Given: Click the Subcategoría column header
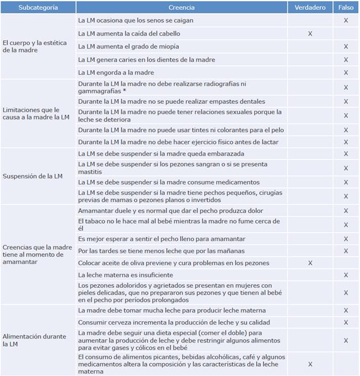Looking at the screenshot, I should [x=38, y=7].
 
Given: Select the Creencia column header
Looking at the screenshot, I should [x=182, y=7].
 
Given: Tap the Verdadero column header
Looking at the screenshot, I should [x=310, y=7].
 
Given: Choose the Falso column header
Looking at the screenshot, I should [x=346, y=7].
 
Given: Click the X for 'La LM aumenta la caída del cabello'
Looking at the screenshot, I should [x=310, y=33].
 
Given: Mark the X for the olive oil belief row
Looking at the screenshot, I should [x=310, y=263].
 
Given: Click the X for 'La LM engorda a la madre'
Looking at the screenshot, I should [x=346, y=73].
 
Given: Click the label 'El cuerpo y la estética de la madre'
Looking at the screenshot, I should [x=35, y=46].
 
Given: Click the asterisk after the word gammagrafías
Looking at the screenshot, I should [x=125, y=91].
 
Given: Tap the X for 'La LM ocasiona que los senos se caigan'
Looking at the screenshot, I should [x=346, y=20].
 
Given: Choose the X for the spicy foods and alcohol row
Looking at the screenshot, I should [x=310, y=364].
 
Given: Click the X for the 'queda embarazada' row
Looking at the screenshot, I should [x=346, y=154].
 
